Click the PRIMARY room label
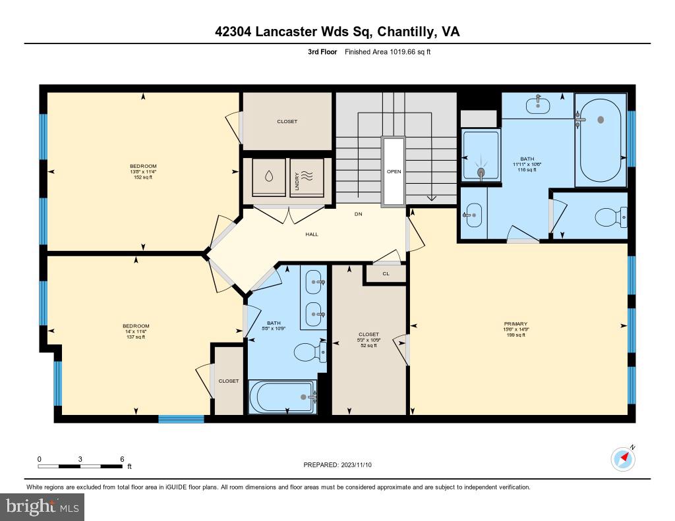(x=515, y=323)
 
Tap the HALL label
(x=311, y=234)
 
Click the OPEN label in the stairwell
(x=394, y=171)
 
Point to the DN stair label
(x=358, y=214)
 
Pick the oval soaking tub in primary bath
(x=600, y=140)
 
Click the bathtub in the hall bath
(x=282, y=397)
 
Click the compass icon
(x=623, y=458)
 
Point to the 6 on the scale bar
(x=122, y=458)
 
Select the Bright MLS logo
(x=42, y=507)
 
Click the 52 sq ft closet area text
(x=368, y=345)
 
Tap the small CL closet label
(x=386, y=274)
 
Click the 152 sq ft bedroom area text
(x=143, y=177)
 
